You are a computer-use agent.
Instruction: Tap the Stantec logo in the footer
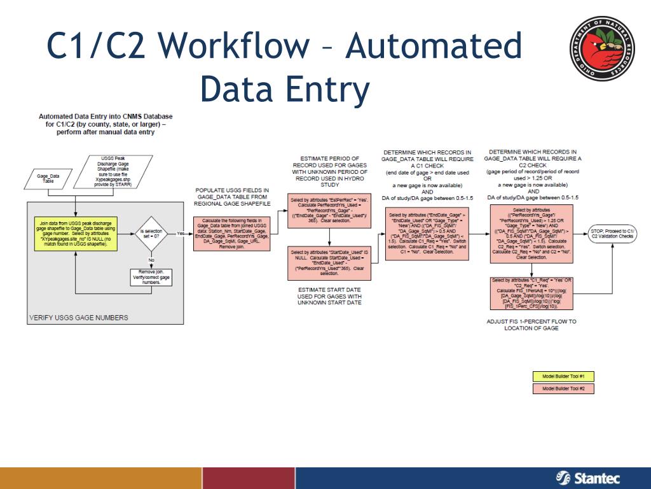587,478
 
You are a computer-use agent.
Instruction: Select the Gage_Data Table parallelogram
48,178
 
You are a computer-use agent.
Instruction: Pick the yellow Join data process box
76,233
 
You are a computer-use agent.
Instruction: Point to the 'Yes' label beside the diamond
181,233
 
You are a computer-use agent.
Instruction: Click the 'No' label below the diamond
151,260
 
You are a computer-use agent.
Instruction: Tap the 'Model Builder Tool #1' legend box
563,376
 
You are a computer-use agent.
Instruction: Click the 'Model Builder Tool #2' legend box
563,388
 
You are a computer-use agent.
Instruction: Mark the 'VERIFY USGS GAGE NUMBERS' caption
79,318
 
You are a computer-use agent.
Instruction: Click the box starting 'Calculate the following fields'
232,233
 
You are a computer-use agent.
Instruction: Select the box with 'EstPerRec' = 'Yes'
329,209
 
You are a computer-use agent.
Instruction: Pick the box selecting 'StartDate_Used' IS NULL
329,262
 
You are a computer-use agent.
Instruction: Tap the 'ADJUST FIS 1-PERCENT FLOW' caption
531,325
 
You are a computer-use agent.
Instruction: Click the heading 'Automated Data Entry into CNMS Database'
106,117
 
